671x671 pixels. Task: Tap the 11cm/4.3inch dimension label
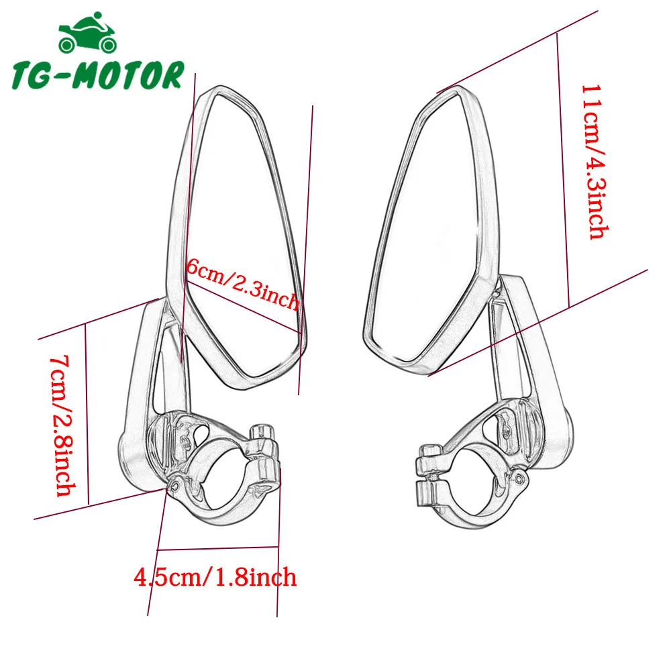click(x=595, y=161)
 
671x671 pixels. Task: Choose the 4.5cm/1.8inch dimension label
click(x=215, y=576)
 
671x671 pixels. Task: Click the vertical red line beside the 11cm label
click(x=562, y=168)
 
